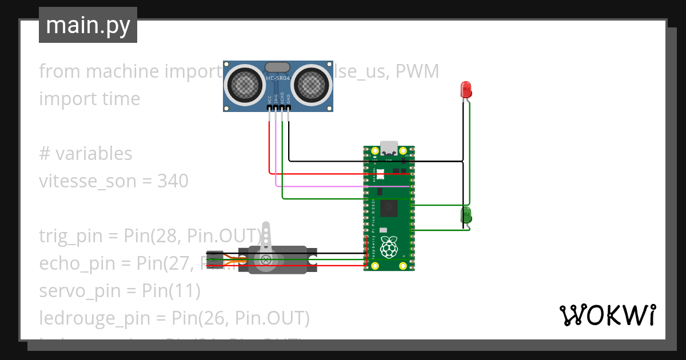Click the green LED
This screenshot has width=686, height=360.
pyautogui.click(x=466, y=215)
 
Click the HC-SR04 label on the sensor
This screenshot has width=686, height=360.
pyautogui.click(x=278, y=78)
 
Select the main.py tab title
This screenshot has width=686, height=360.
pyautogui.click(x=88, y=25)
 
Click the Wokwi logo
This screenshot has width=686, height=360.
pyautogui.click(x=607, y=315)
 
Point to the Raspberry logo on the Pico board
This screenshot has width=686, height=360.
pyautogui.click(x=389, y=246)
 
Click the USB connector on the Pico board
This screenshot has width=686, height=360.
pyautogui.click(x=389, y=147)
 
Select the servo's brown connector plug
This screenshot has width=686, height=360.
pyautogui.click(x=215, y=259)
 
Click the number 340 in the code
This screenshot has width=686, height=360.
pyautogui.click(x=173, y=181)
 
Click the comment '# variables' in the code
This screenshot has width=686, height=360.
pyautogui.click(x=86, y=154)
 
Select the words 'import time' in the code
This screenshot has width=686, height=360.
pyautogui.click(x=90, y=99)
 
